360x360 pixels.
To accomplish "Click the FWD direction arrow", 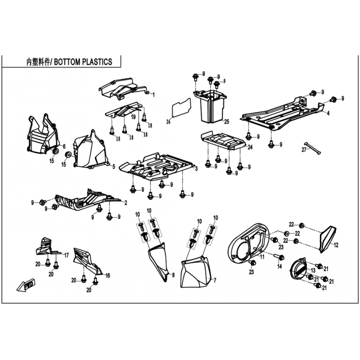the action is point(26,284).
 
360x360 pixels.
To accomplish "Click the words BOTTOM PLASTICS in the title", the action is point(83,62).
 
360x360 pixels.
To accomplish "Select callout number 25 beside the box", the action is point(227,121).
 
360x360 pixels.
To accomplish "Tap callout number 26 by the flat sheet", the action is point(168,121).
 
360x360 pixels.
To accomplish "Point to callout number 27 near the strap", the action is point(304,150).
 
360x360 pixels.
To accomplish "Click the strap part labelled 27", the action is point(313,148).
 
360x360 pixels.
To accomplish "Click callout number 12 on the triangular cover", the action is point(336,245).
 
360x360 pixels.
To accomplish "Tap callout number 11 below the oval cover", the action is point(262,256).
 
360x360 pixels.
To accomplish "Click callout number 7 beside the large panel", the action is point(215,280).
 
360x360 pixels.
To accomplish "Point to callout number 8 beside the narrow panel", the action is point(173,275).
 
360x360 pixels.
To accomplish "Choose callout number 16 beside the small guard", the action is point(108,275).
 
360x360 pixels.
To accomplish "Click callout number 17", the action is point(66,255).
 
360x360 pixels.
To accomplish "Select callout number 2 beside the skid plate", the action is point(126,203).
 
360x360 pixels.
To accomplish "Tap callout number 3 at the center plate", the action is point(196,169).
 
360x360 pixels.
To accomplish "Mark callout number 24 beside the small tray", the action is point(250,147).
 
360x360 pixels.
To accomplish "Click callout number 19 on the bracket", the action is point(133,117).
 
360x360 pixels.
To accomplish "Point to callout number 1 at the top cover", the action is point(153,94).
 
